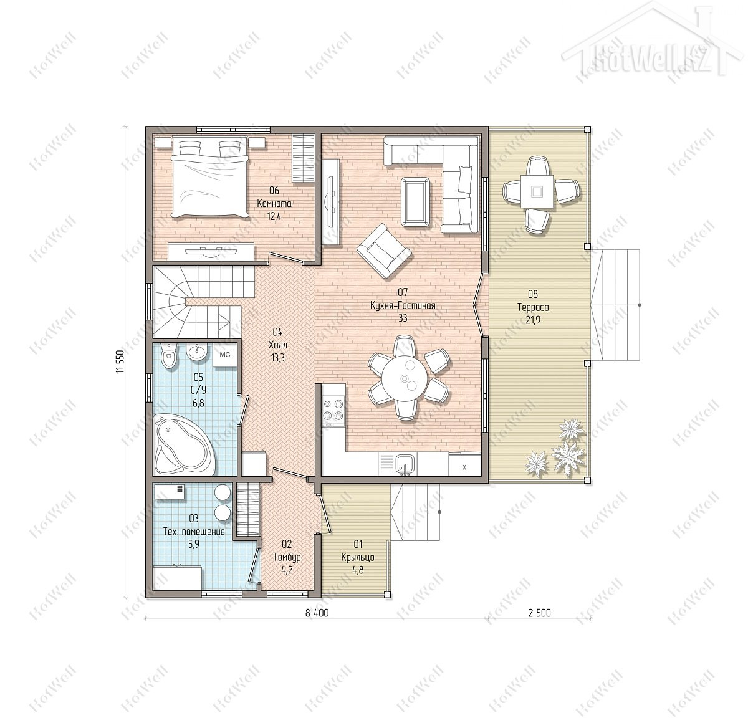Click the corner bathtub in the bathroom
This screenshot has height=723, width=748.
coord(184,445)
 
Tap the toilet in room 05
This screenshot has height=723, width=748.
coord(168,355)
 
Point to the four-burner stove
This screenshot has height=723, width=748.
coord(333,409)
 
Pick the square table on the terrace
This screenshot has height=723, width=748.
coord(537,191)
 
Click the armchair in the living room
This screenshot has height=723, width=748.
coord(383,251)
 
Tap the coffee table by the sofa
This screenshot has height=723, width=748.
coord(415,202)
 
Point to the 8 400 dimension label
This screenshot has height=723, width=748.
coord(317,613)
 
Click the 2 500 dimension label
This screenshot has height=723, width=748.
coord(539,613)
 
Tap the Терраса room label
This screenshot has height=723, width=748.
coord(533,307)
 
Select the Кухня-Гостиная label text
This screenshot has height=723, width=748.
coord(403,305)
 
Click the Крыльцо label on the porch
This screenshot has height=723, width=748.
coord(358,557)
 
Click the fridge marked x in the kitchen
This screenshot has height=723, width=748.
coord(465,466)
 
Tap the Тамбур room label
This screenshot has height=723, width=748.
coord(287,557)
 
